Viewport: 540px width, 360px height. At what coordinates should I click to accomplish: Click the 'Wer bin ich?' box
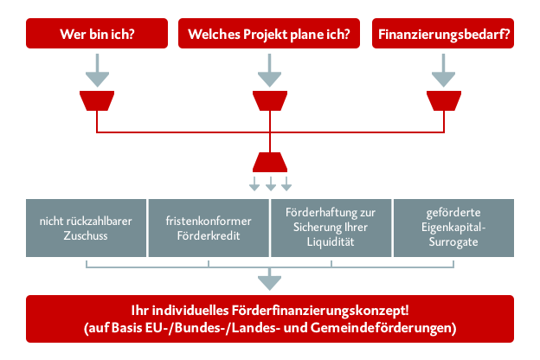click(x=97, y=34)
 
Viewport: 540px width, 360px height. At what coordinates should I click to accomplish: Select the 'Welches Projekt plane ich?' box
click(x=269, y=34)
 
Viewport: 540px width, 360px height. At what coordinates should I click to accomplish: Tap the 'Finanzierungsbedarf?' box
click(x=443, y=34)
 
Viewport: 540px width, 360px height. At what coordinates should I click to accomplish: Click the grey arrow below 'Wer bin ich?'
click(x=98, y=70)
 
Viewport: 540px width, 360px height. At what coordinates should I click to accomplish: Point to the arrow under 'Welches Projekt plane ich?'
click(x=270, y=70)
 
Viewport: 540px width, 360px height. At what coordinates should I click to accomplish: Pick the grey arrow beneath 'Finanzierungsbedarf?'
click(x=444, y=70)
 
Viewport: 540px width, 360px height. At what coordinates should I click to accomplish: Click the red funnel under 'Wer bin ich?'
click(x=97, y=100)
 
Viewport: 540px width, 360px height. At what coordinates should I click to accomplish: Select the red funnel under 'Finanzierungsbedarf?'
click(x=444, y=100)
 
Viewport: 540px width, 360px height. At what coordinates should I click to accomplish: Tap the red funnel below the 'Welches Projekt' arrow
click(x=270, y=100)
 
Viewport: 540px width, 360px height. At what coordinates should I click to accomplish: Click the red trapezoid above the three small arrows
click(x=270, y=162)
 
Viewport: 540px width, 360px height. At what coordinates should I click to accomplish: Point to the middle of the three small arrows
click(x=271, y=183)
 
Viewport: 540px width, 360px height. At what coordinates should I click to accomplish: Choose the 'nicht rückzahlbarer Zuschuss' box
click(x=86, y=228)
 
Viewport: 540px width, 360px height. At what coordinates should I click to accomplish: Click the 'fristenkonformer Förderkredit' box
click(x=209, y=228)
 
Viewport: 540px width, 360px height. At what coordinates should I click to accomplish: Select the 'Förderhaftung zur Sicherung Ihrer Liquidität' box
click(x=331, y=228)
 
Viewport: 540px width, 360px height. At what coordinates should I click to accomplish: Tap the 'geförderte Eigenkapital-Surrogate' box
click(x=453, y=228)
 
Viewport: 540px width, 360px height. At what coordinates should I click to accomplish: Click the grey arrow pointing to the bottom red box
click(x=270, y=279)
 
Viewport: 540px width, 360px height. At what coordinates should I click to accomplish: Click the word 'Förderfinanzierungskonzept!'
click(x=320, y=311)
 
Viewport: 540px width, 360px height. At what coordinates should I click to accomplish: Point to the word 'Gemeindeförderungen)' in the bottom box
click(x=383, y=328)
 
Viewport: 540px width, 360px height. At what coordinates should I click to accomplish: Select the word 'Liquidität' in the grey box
click(x=331, y=241)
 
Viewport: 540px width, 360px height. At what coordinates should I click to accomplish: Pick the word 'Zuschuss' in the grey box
click(x=86, y=235)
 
